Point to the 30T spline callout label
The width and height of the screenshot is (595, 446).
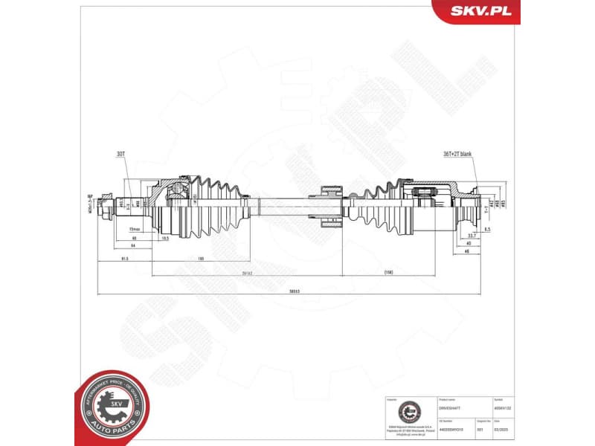120,155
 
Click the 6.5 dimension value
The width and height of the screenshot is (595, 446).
486,230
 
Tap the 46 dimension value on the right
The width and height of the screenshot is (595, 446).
467,251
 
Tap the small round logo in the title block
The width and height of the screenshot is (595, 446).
408,412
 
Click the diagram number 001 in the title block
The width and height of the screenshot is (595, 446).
480,429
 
